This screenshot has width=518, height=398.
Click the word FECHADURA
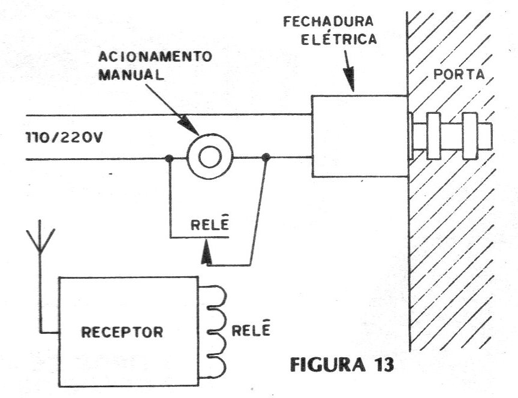[x=329, y=22]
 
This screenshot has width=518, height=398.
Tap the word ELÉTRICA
[x=339, y=40]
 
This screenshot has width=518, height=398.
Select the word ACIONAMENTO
[x=155, y=56]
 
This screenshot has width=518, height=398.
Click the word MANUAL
[x=131, y=75]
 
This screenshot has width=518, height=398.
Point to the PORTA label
[x=459, y=74]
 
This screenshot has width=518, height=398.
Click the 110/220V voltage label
[x=64, y=137]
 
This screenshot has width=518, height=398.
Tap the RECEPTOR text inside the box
[x=122, y=332]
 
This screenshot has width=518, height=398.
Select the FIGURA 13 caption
[x=342, y=365]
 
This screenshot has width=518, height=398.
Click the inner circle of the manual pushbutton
[x=210, y=156]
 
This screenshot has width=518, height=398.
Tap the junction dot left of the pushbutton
[x=169, y=158]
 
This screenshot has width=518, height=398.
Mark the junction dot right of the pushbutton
[x=266, y=157]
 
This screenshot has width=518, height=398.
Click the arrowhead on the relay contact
[x=206, y=254]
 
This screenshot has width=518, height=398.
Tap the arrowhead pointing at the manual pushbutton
[x=188, y=125]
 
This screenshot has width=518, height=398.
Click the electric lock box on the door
[x=360, y=136]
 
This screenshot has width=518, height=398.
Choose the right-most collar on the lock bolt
[x=469, y=136]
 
